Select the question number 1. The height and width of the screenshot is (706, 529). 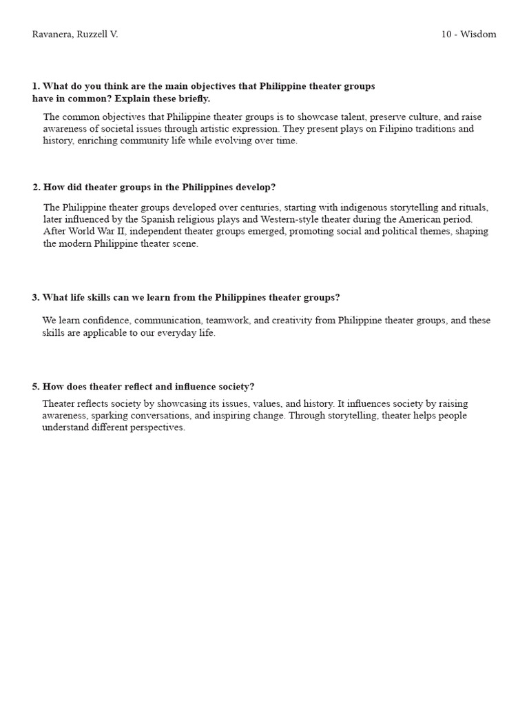click(35, 86)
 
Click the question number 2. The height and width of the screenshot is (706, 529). click(36, 187)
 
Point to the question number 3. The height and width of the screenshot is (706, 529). click(35, 297)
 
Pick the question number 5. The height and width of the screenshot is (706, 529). click(35, 386)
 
